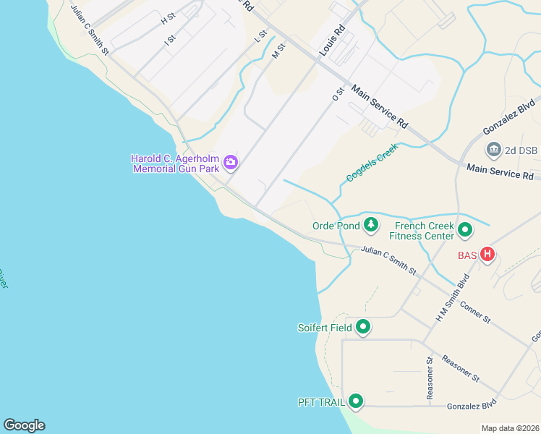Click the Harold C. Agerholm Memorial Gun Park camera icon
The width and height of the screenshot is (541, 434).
231,162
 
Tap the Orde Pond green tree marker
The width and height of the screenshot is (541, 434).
371,225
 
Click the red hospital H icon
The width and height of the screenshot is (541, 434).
488,255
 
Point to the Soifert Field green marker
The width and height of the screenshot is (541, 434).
363,328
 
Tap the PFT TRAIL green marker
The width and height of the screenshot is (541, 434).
355,401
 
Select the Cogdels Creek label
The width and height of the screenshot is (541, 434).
373,166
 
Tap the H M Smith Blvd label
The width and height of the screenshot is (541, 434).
453,298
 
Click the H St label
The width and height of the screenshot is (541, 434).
169,18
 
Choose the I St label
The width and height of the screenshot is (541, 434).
170,41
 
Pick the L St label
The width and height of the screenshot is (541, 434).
261,36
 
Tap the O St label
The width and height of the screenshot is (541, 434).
336,93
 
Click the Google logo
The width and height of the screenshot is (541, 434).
24,425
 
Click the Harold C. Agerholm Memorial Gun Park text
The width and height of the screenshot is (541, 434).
176,163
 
